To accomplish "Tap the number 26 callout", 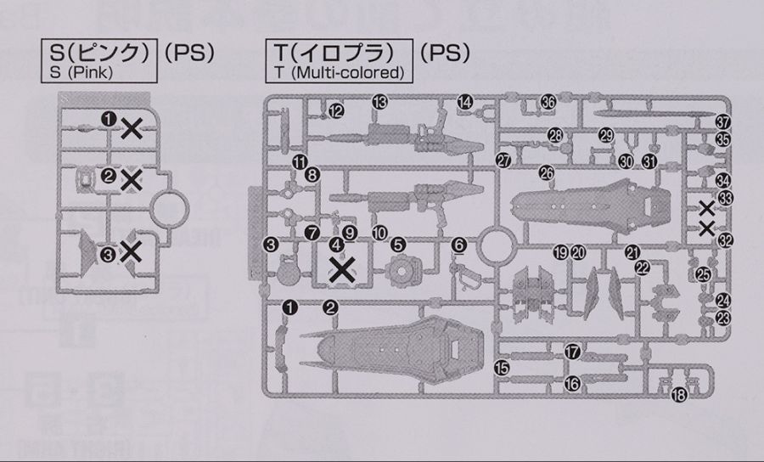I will coord(547,173).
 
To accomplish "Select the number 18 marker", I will coord(677,395).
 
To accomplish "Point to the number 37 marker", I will coord(722,122).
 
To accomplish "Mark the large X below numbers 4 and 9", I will coord(341,270).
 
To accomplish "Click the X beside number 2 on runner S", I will coord(132,178).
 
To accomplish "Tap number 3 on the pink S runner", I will coord(108,253).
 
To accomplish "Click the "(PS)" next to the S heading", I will coord(188,53).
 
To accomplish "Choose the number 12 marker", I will coord(336,111).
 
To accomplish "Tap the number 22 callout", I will coord(643,267).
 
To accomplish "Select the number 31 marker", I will coord(649,161).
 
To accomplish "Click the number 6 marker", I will coord(459,245).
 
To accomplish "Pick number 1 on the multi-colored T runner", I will coord(289,307).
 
